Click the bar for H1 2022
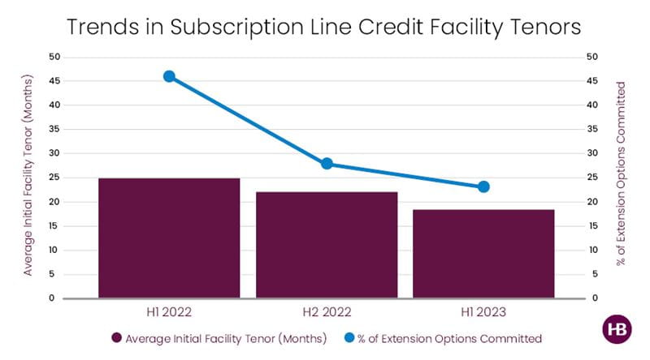click(169, 238)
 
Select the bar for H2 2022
click(327, 245)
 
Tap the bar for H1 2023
click(483, 254)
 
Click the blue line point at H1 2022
click(169, 76)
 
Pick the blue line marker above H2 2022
click(327, 164)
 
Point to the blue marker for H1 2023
click(483, 186)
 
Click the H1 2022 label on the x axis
click(169, 311)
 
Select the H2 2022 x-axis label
click(327, 311)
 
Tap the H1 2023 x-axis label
click(483, 311)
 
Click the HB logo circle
click(617, 331)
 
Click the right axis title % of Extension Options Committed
click(622, 174)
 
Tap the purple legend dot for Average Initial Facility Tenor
click(117, 337)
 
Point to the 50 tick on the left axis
click(53, 57)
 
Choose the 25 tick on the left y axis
click(53, 178)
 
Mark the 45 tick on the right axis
click(592, 81)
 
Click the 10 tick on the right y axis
click(592, 250)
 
